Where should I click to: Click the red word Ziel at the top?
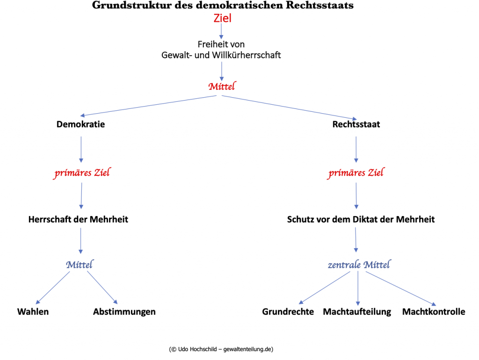click(222, 18)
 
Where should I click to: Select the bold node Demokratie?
click(80, 124)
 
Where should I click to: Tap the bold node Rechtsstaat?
click(356, 124)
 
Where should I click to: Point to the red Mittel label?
click(222, 86)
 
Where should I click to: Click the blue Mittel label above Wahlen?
click(80, 265)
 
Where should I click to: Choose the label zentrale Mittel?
click(359, 265)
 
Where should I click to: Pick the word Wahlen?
click(33, 312)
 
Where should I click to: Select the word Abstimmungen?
click(124, 312)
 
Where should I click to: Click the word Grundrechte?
click(288, 312)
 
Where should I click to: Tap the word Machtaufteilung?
click(357, 312)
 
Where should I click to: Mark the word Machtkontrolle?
click(434, 312)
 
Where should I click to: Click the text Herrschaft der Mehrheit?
click(78, 220)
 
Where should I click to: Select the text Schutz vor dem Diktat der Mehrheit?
click(361, 220)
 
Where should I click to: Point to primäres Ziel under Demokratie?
click(82, 173)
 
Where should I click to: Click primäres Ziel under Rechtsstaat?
click(356, 173)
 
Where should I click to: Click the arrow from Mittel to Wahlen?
click(53, 288)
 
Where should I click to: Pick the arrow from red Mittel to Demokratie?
click(148, 106)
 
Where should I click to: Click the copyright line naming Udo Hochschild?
click(221, 349)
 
